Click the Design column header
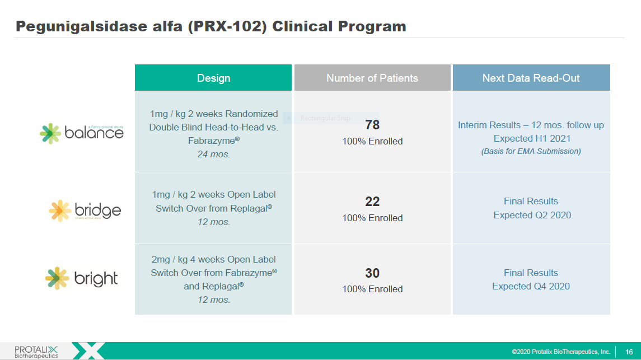click(x=213, y=78)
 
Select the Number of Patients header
click(x=372, y=78)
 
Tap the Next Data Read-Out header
click(x=531, y=78)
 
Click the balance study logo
click(x=82, y=133)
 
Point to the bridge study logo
click(x=85, y=211)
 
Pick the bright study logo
click(x=82, y=278)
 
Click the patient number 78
click(x=372, y=125)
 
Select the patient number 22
click(x=372, y=202)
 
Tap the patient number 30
click(x=372, y=273)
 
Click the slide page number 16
click(x=629, y=352)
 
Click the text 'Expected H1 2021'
click(x=531, y=138)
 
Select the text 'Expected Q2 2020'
click(x=532, y=215)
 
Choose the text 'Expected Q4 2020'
click(x=531, y=286)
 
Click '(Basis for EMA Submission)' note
click(x=531, y=151)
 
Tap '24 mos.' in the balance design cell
click(x=213, y=155)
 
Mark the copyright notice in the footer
click(x=560, y=352)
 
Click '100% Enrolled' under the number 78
click(x=372, y=142)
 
